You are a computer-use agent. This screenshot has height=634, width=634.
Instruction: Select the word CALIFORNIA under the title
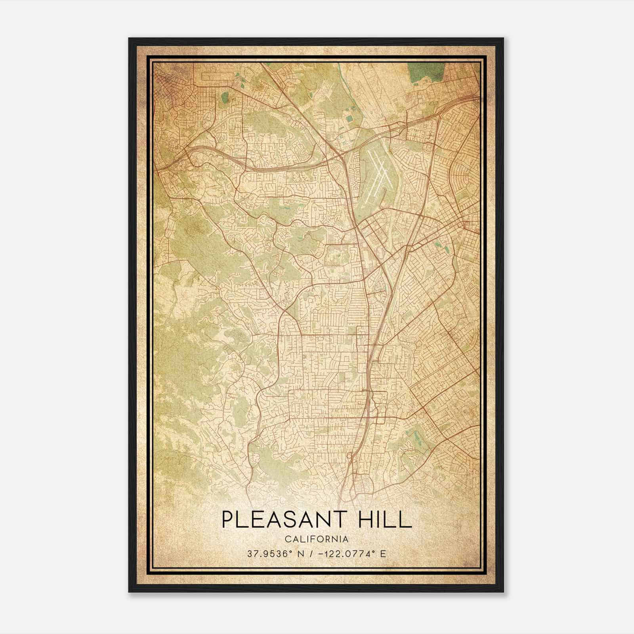[x=317, y=539]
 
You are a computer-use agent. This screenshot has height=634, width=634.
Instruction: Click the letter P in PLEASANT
[x=228, y=519]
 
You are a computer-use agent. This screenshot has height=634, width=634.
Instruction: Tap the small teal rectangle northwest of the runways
[x=349, y=118]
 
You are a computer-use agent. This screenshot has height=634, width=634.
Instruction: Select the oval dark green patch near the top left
[x=225, y=97]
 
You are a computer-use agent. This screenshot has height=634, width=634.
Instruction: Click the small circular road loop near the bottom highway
[x=349, y=456]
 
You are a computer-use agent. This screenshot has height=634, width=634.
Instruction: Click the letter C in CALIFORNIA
[x=286, y=539]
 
